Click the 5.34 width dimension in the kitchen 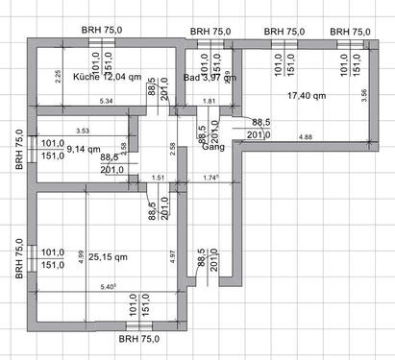pyautogui.click(x=107, y=101)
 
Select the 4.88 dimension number pyautogui.click(x=306, y=138)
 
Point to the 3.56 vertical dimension pyautogui.click(x=362, y=97)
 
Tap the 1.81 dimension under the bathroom pyautogui.click(x=210, y=101)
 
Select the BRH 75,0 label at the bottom pyautogui.click(x=138, y=339)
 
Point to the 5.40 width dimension pyautogui.click(x=108, y=287)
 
